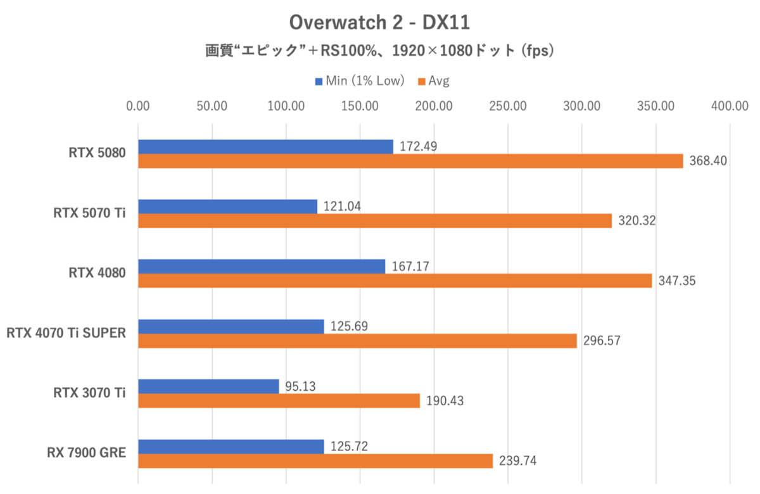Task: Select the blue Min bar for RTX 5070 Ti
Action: click(x=227, y=206)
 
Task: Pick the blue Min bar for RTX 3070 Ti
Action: click(x=208, y=386)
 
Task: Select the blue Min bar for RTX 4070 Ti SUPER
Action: click(x=231, y=326)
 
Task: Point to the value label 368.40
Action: click(x=707, y=161)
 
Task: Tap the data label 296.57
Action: click(x=601, y=341)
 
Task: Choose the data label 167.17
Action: click(x=408, y=266)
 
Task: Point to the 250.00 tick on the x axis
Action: click(x=508, y=106)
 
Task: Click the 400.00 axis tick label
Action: click(x=730, y=106)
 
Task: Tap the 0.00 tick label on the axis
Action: click(x=138, y=106)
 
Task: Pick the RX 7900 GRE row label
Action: click(x=85, y=453)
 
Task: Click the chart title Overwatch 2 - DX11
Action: click(x=379, y=23)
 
